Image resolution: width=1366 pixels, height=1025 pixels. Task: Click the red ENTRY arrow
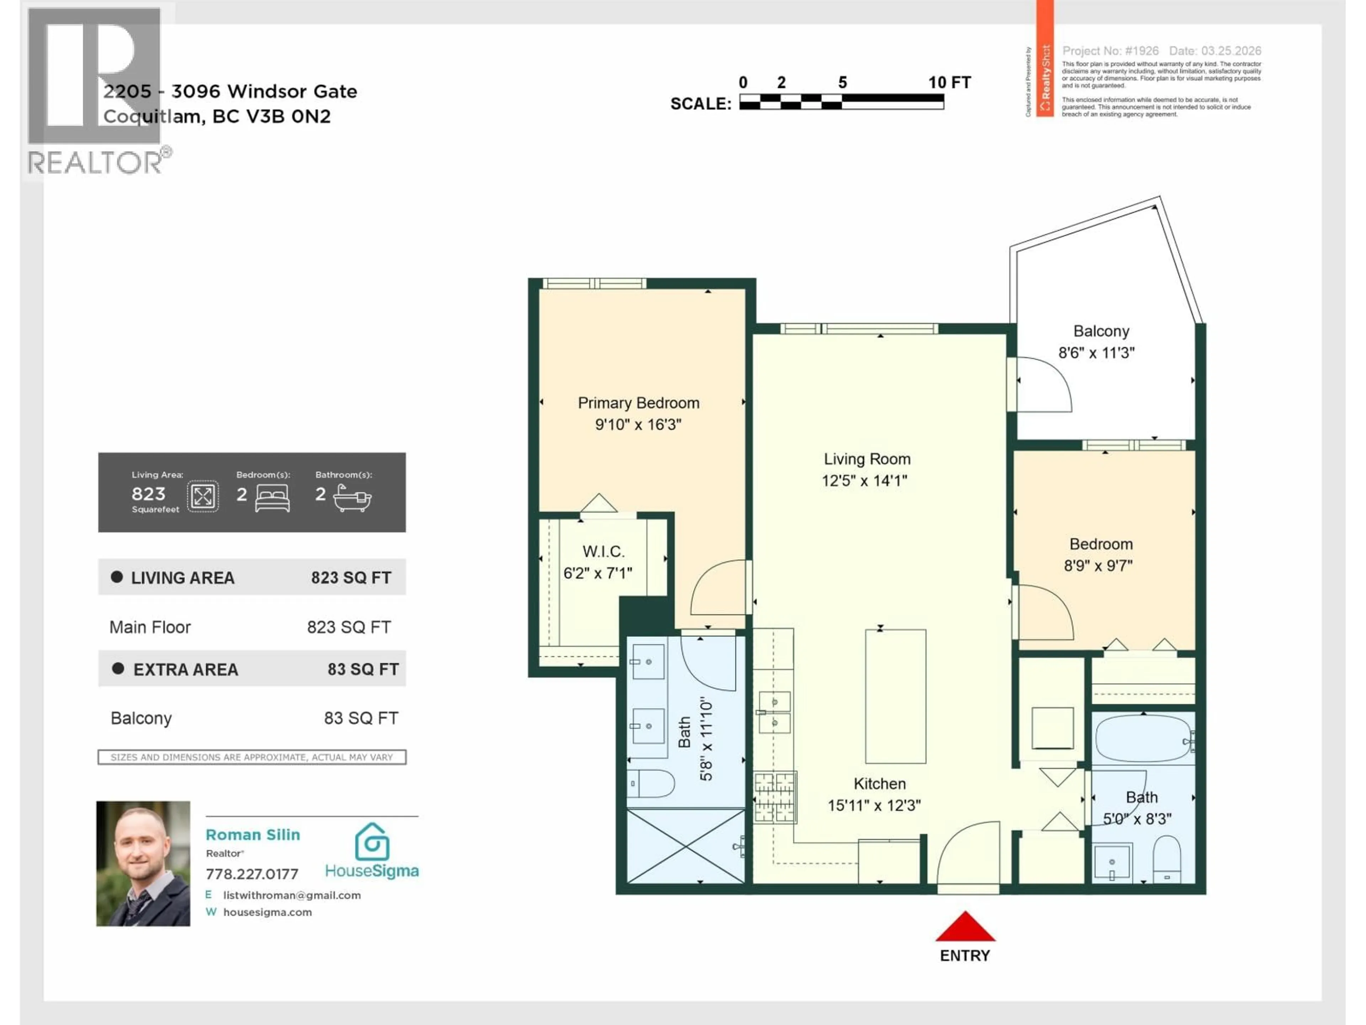[x=965, y=927]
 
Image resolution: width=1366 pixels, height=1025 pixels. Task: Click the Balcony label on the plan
[x=1101, y=331]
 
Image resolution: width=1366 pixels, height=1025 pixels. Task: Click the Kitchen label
[x=879, y=783]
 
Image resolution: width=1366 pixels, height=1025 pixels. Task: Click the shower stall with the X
[x=685, y=846]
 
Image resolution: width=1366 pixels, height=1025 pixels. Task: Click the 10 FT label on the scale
[x=949, y=82]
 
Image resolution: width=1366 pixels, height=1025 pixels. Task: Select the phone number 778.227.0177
[x=252, y=874]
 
